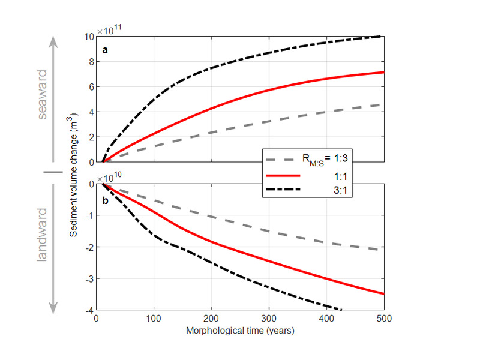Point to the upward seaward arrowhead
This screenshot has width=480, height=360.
53,40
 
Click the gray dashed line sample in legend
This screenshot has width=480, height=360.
282,160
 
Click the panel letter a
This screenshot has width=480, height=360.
105,50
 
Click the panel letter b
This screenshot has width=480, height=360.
105,200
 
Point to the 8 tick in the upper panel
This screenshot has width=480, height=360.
90,61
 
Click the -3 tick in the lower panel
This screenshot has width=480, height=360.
89,278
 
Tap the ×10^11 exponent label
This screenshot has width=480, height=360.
110,29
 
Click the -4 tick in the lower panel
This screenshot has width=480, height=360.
89,310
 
